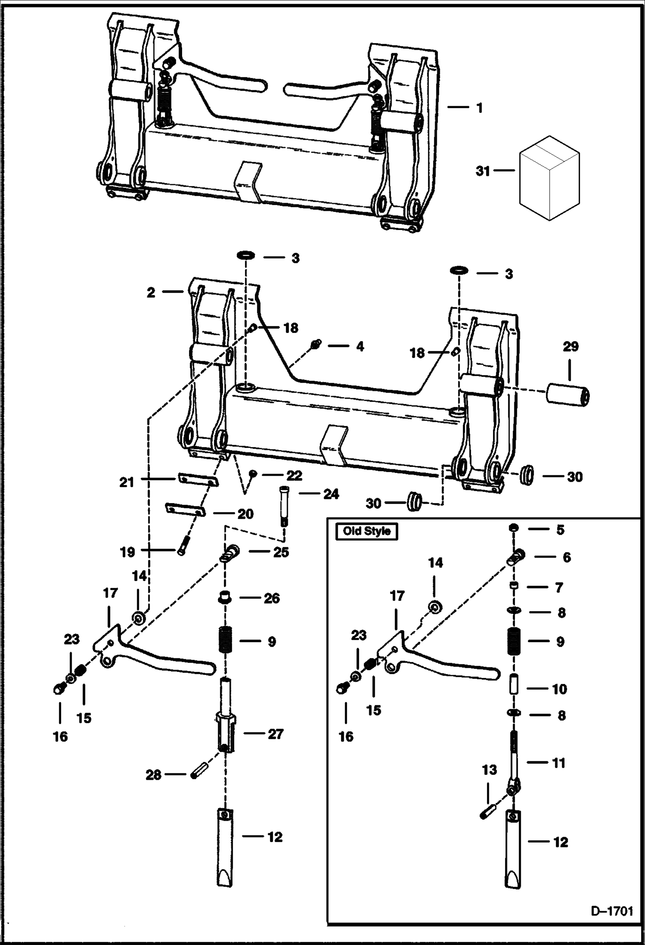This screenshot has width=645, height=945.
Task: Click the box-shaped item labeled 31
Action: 549,178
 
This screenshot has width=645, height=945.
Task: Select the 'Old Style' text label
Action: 366,531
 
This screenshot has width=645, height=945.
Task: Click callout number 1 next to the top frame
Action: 480,108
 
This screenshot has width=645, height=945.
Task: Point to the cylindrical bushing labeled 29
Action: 567,395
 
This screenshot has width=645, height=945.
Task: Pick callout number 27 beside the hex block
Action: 276,734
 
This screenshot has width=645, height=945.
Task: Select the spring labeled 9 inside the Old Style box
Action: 512,641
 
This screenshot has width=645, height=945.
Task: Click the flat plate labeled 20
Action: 186,510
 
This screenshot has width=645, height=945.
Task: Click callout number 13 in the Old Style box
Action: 489,770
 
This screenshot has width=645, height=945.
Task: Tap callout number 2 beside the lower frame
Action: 151,292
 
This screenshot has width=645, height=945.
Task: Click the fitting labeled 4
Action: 316,344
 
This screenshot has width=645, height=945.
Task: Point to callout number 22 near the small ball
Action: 295,476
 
